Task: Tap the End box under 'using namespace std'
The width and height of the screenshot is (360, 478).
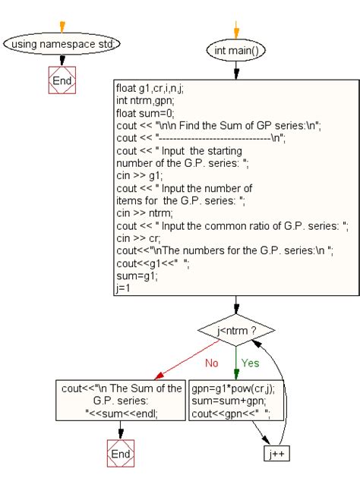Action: tap(62, 80)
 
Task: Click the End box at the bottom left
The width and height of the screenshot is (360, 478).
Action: tap(121, 453)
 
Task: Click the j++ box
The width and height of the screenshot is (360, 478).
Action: tap(277, 454)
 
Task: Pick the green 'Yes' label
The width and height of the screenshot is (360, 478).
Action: tap(251, 363)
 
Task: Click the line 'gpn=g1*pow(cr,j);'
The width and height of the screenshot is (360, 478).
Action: tap(232, 388)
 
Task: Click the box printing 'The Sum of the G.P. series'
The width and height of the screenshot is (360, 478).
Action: tap(121, 401)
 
